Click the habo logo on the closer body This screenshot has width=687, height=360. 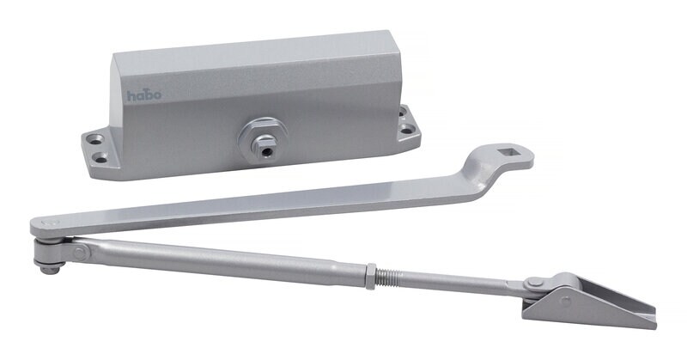tap(144, 95)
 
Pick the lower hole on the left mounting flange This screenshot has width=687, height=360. tap(102, 158)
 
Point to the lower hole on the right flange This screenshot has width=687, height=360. tap(406, 131)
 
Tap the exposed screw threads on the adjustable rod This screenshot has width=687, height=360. tap(392, 278)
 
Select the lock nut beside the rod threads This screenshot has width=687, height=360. tap(370, 275)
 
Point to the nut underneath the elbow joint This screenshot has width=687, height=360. tap(50, 268)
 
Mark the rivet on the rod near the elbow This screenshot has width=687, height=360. tap(79, 253)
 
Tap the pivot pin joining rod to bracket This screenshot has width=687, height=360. tap(534, 284)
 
